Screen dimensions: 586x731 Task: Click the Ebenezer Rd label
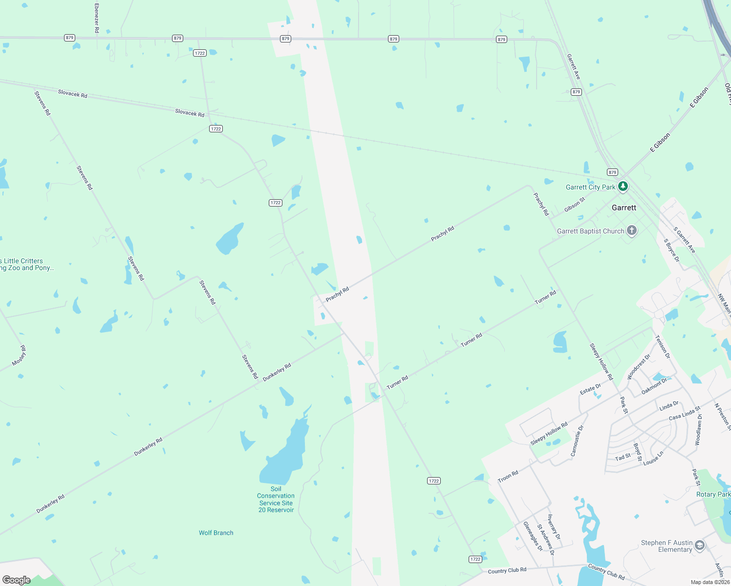pos(97,18)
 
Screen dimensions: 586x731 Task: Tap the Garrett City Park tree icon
pos(623,187)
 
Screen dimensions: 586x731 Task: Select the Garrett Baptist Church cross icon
pos(632,230)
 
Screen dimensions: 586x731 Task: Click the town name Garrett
pos(624,208)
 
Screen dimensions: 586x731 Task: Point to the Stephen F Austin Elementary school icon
pos(700,545)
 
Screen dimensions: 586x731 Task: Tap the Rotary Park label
pos(713,494)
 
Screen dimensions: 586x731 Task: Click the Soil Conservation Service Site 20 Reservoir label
pos(276,499)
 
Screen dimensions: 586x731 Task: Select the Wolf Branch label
pos(216,533)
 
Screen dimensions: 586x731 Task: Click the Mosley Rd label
pos(20,356)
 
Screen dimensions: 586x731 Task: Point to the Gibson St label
pos(575,205)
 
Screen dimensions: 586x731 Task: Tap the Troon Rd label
pos(508,476)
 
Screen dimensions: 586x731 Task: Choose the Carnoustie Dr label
pos(577,440)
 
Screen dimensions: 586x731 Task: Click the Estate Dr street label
pos(590,389)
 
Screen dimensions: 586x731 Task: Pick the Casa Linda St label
pos(685,413)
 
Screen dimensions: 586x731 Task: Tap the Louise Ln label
pos(653,458)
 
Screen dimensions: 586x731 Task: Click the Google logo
pos(16,580)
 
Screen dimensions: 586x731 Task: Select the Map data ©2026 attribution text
pos(710,582)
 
